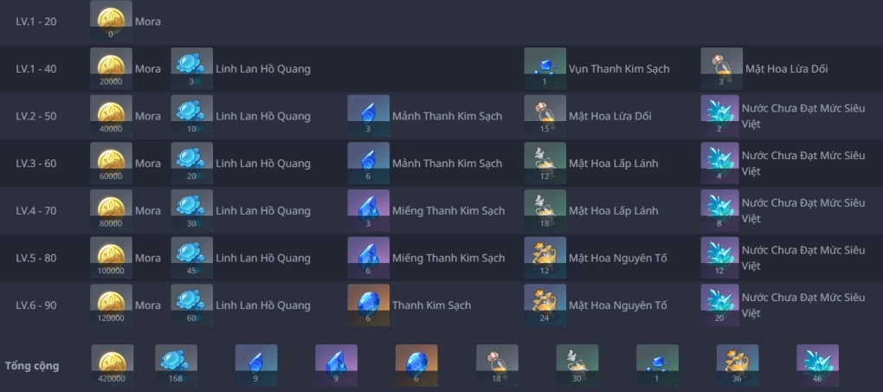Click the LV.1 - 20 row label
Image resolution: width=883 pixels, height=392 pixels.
click(x=36, y=22)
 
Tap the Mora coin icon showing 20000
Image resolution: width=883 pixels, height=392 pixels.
click(x=111, y=68)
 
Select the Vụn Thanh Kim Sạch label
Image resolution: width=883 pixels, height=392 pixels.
click(x=619, y=68)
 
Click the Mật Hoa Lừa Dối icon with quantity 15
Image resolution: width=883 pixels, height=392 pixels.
click(x=545, y=116)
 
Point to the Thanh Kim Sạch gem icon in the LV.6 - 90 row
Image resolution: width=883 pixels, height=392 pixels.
click(x=368, y=305)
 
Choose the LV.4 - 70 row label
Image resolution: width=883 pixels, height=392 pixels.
click(x=36, y=210)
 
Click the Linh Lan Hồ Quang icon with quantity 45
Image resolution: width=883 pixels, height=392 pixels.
click(x=191, y=258)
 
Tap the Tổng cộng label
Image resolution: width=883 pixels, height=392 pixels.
click(x=31, y=365)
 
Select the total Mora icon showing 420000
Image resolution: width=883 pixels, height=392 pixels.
click(x=112, y=365)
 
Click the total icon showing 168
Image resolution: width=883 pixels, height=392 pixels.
click(x=176, y=365)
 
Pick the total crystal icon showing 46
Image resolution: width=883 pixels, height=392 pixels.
click(x=817, y=365)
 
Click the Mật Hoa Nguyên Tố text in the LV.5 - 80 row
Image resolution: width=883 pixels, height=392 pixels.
click(x=618, y=258)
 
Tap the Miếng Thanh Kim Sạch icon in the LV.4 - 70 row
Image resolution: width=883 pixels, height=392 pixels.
click(x=368, y=210)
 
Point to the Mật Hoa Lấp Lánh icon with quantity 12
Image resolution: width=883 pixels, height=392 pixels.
click(x=545, y=164)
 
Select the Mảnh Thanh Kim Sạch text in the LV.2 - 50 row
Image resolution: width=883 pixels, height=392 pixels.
click(x=448, y=116)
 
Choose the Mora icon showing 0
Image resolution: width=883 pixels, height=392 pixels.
click(x=111, y=22)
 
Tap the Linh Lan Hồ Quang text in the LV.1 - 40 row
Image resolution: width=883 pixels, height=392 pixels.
click(x=263, y=68)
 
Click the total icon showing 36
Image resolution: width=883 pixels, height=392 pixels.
click(x=738, y=365)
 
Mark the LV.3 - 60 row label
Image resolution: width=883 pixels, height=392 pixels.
click(x=36, y=164)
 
